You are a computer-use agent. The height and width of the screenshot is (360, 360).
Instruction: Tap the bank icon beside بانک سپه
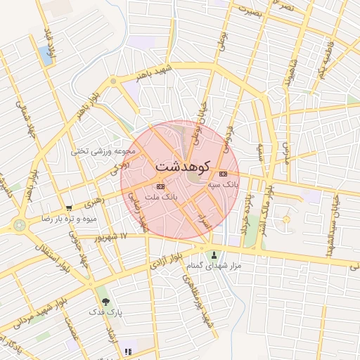coord(224,174)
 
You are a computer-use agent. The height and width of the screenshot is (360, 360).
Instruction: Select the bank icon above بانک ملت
coord(160,186)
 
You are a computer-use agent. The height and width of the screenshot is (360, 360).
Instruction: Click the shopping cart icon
coord(69,208)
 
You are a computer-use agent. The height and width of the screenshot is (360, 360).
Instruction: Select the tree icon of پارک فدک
coord(105,300)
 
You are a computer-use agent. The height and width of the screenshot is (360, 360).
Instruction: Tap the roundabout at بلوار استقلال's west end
coord(18,226)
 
